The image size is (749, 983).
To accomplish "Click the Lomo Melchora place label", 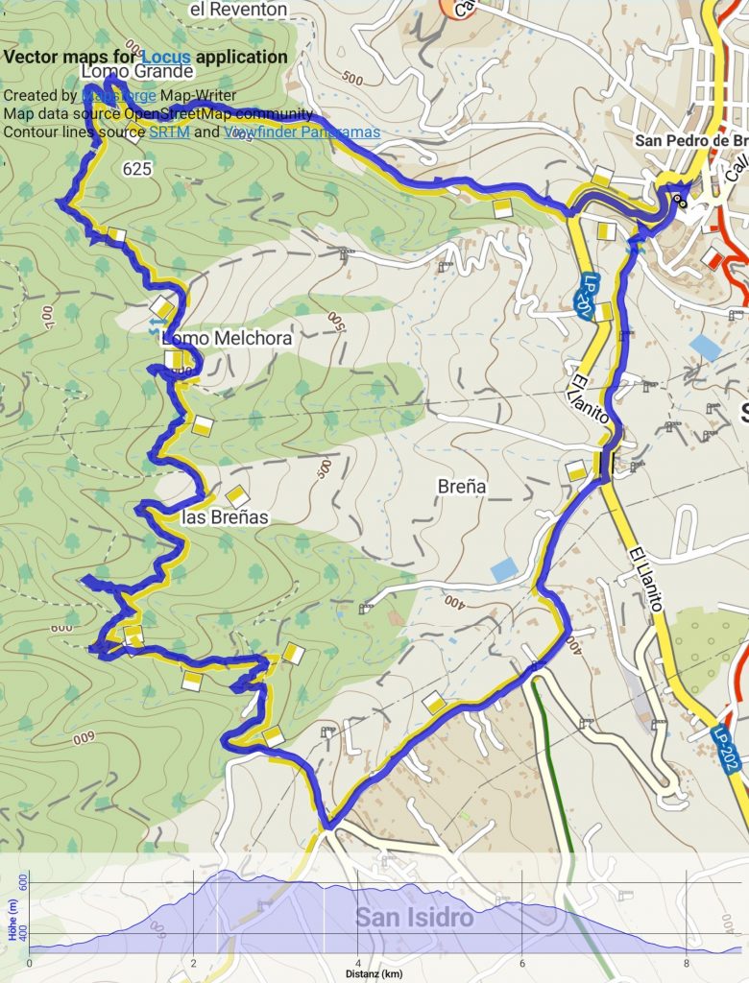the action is tap(227, 339).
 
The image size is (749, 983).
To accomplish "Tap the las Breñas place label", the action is tap(225, 517).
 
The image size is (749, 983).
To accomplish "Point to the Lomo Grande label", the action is tap(137, 72).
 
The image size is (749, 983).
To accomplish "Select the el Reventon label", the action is tap(239, 10).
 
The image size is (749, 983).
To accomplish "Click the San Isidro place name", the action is tap(414, 917).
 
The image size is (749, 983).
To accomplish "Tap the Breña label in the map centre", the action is tap(462, 487).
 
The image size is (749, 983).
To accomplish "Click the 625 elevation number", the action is tap(138, 169).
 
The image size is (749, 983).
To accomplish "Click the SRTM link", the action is tap(169, 132).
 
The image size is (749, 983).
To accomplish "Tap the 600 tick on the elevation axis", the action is tap(23, 880).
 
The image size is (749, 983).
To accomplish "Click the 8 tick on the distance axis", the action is tap(686, 963).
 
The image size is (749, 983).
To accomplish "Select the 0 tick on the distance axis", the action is tap(30, 963).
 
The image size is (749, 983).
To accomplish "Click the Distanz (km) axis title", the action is tap(374, 974).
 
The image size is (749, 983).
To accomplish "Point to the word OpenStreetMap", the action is tap(172, 114).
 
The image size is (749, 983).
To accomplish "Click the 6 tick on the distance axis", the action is tap(521, 963).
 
